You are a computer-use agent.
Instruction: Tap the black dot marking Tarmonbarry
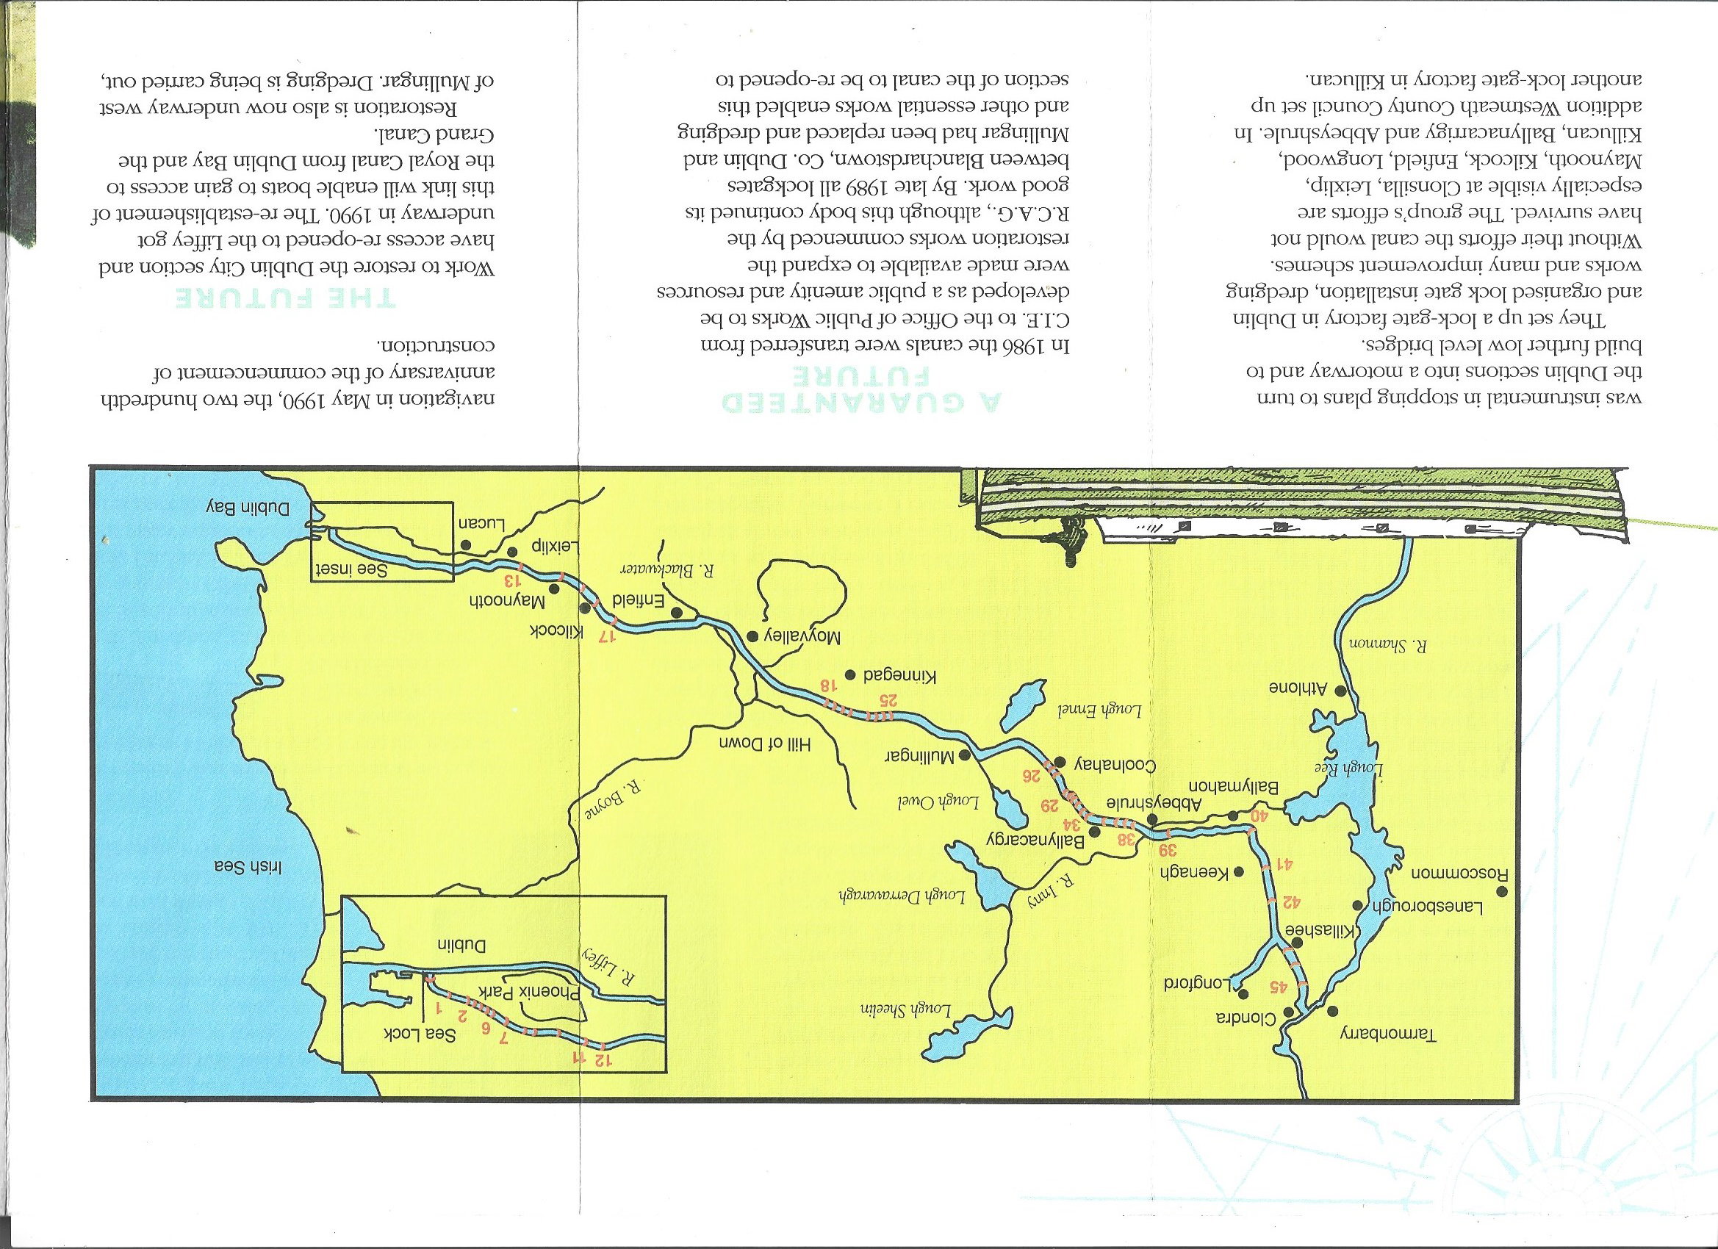tap(1331, 1010)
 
